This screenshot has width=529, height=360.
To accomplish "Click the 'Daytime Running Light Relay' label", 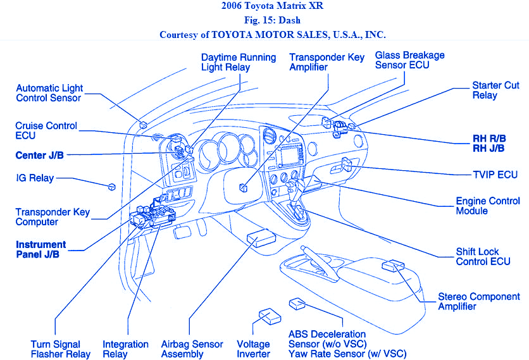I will coord(239,62).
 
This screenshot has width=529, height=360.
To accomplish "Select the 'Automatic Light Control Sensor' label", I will coord(49,93).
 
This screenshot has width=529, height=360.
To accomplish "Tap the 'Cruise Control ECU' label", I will coord(46,130).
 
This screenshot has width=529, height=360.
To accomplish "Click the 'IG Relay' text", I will coord(35,178).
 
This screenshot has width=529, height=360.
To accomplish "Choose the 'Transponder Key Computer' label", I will coord(53,217).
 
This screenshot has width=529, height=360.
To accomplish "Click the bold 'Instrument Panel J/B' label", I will coord(41,249).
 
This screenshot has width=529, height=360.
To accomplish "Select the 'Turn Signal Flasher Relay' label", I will coord(61,349).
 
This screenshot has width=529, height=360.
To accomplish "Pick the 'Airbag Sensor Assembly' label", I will coord(192,349).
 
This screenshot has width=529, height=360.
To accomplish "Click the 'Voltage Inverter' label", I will coord(254,349).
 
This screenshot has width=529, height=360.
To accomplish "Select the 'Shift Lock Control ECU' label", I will coord(483,256).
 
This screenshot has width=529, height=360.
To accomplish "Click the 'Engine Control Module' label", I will coord(488,206).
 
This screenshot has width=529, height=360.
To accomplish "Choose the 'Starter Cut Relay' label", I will coord(495,90).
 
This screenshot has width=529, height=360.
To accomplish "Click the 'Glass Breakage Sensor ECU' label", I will coord(409,60).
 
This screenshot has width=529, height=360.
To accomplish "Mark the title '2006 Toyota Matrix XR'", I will coord(264,7).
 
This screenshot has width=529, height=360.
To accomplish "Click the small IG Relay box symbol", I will coord(111,187).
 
